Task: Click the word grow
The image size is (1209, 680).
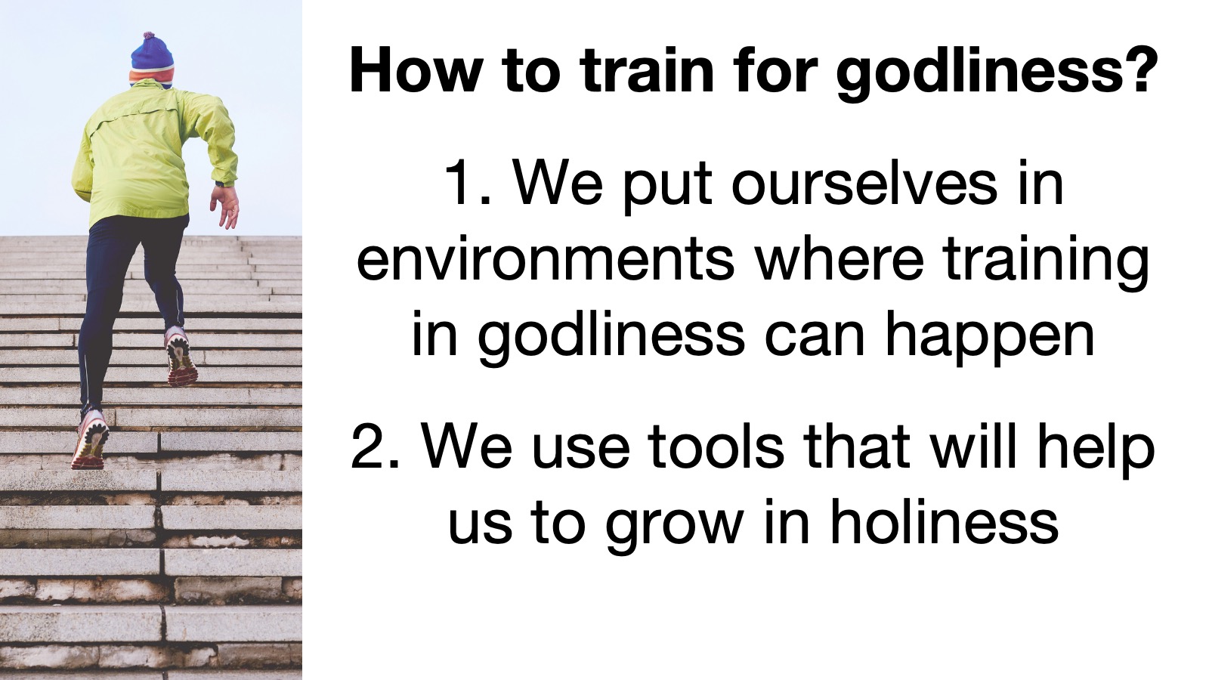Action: (673, 526)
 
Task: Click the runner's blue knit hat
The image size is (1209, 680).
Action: (152, 60)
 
